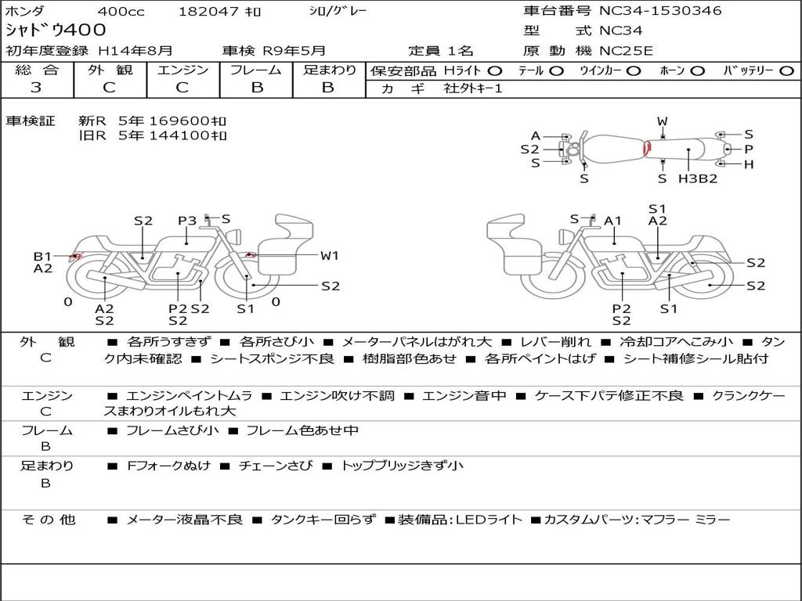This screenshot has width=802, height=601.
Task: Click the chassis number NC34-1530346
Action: coord(660,10)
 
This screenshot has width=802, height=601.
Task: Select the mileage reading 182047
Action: coord(208,11)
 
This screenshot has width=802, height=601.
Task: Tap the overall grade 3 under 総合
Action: coord(36,88)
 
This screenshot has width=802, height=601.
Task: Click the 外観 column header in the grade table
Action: coord(110,70)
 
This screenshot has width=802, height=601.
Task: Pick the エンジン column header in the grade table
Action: coord(182,70)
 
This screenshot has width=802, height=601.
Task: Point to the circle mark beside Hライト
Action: coord(495,71)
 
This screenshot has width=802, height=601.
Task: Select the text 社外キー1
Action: coord(473,88)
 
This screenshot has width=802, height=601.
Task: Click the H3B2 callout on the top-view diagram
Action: coord(698,178)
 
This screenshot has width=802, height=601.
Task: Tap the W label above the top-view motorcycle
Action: coord(663,121)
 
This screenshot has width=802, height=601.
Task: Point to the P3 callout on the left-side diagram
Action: coord(187,221)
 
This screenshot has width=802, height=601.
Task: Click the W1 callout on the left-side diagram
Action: coord(330,256)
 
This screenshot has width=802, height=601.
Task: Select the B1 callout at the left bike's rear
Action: coord(43,257)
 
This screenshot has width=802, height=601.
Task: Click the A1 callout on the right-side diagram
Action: coord(612,221)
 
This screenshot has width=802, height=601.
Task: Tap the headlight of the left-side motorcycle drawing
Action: coord(236,236)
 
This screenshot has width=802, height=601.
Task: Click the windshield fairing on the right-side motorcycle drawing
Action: coord(506,226)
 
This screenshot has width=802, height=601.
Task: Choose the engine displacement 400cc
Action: coord(121,11)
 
